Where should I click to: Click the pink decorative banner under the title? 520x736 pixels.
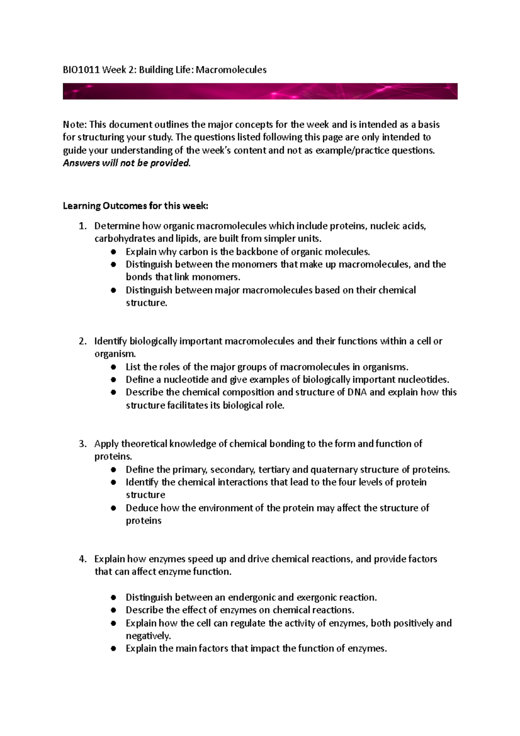[260, 91]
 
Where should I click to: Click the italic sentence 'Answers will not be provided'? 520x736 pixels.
[126, 163]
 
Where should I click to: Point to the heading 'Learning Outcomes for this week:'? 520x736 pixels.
[135, 206]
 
